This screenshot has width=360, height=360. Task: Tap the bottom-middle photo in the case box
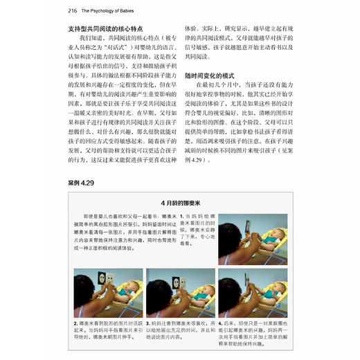pos(180,292)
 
